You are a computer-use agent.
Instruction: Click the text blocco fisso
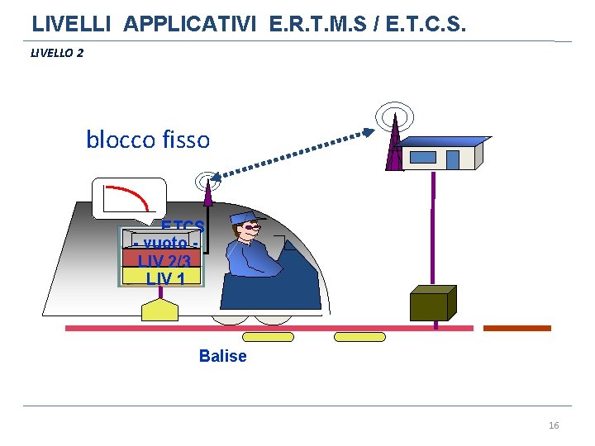click(x=148, y=140)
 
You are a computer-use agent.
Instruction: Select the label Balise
click(x=222, y=356)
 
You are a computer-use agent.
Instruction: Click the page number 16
click(x=554, y=425)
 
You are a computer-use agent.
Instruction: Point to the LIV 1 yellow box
click(x=163, y=278)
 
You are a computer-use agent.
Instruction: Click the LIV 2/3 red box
click(x=163, y=260)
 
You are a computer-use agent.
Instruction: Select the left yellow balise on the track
click(x=268, y=337)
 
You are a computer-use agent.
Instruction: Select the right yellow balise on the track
click(x=359, y=337)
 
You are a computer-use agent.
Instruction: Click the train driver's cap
click(x=245, y=217)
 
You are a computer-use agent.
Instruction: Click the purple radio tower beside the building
click(x=396, y=145)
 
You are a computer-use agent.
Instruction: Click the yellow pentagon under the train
click(x=159, y=310)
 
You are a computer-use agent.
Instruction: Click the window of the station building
click(x=423, y=157)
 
